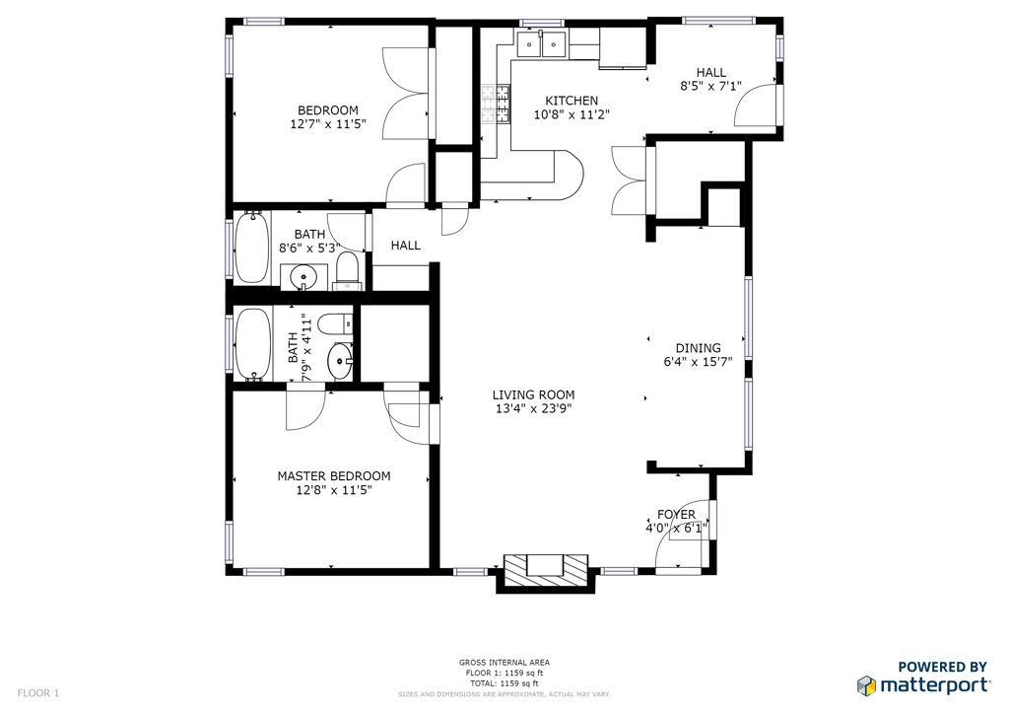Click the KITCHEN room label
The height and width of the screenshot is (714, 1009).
tap(572, 101)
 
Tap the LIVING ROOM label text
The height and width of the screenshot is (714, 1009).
tap(533, 394)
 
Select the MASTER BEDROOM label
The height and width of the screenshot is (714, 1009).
tap(334, 475)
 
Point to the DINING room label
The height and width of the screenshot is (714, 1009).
tap(699, 348)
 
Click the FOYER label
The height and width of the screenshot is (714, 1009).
tap(676, 515)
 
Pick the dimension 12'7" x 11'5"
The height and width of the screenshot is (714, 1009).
tap(328, 123)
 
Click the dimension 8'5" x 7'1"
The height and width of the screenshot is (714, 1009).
tap(711, 86)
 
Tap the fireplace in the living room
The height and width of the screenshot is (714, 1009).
tap(546, 572)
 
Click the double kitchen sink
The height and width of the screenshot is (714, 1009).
tap(542, 43)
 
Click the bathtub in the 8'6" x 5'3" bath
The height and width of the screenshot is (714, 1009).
tap(251, 248)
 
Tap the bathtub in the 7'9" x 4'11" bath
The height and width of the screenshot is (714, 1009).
tap(253, 345)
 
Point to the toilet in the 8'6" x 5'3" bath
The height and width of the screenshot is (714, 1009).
tap(348, 271)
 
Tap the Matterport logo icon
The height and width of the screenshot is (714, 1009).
tap(866, 685)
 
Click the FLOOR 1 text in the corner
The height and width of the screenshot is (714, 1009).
tap(38, 692)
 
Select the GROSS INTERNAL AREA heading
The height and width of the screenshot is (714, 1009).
tap(504, 662)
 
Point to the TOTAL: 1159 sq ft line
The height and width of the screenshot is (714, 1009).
tap(504, 683)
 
